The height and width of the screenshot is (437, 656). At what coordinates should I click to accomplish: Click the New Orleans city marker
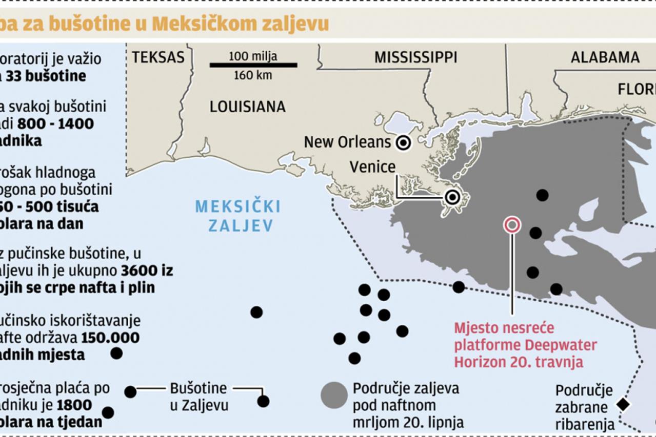(404, 142)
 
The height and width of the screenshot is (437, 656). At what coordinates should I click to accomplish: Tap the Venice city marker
(452, 197)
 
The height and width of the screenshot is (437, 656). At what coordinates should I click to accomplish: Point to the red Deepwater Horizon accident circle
(512, 224)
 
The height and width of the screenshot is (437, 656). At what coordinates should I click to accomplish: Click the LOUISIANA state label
(247, 107)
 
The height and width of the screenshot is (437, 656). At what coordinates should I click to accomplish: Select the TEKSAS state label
(158, 57)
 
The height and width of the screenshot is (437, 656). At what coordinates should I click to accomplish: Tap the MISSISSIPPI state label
(415, 57)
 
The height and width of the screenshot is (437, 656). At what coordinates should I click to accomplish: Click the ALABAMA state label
(605, 57)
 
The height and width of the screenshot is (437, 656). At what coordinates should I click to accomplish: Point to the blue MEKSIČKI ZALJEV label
(238, 216)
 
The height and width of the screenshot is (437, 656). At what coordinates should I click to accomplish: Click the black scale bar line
(253, 65)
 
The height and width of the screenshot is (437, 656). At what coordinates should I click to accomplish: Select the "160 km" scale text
(253, 76)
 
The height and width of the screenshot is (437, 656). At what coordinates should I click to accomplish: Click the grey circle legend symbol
(334, 395)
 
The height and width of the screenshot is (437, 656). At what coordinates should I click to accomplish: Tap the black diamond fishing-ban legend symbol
(623, 404)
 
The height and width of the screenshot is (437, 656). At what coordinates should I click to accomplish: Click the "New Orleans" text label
(347, 142)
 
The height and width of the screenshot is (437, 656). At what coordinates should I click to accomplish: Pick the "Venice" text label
(372, 167)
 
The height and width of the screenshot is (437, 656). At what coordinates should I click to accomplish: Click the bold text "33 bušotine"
(51, 76)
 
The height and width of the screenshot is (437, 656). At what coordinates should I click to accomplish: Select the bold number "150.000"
(110, 338)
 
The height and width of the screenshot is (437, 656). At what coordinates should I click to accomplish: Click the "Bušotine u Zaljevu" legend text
(198, 397)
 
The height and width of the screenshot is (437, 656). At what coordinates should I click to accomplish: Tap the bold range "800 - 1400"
(55, 124)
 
